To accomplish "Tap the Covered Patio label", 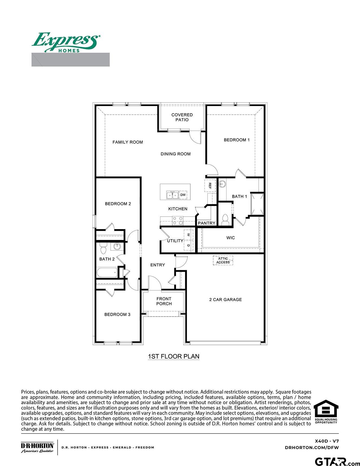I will (182, 117).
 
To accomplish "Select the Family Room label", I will (128, 142).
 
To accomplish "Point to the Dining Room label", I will (176, 154).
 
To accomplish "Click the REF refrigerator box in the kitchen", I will (210, 185).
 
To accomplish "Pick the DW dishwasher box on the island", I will (183, 195).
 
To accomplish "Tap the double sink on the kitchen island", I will (172, 195).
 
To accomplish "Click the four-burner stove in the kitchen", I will (178, 220).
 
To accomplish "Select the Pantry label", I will (207, 223).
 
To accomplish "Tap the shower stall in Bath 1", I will (258, 204).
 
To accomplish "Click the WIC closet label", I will (231, 238).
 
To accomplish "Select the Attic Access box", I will (223, 260).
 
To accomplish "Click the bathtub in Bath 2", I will (107, 273).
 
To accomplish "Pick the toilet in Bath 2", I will (103, 249).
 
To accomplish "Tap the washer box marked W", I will (188, 235).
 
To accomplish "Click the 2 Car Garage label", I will (225, 300).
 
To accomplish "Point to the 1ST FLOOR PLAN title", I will (174, 356).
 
